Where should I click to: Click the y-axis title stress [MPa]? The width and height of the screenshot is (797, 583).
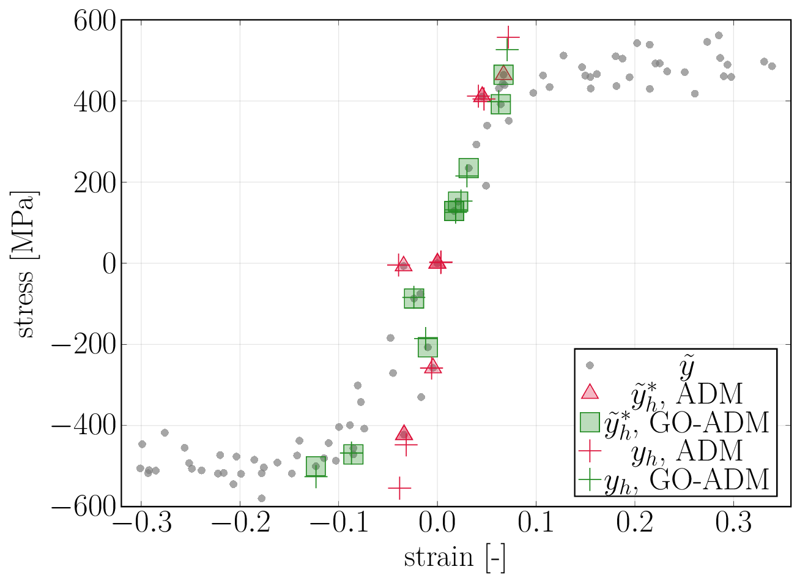[26, 264]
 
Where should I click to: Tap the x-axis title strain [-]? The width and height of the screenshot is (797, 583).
[454, 558]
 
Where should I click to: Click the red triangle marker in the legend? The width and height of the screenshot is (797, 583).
[590, 393]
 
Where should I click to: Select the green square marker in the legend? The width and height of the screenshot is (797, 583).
[590, 422]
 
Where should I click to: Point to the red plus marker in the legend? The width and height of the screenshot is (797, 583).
[590, 451]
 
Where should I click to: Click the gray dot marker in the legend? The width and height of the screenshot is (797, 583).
[590, 366]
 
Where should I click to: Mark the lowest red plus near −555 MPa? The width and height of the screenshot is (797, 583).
[399, 488]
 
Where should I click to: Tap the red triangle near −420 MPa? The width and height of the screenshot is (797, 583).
[404, 434]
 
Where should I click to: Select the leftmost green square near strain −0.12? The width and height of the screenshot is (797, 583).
[316, 467]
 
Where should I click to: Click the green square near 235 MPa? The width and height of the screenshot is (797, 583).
[469, 168]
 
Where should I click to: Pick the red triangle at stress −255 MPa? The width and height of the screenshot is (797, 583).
[432, 366]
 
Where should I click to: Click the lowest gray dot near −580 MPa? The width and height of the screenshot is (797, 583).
[262, 498]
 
